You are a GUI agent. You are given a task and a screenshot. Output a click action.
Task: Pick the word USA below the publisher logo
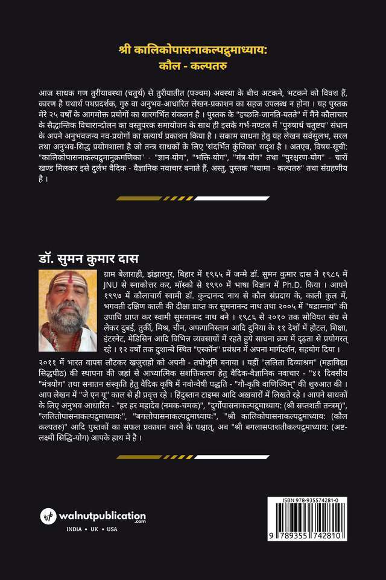112,530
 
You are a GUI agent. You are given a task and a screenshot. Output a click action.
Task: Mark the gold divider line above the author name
193,198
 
